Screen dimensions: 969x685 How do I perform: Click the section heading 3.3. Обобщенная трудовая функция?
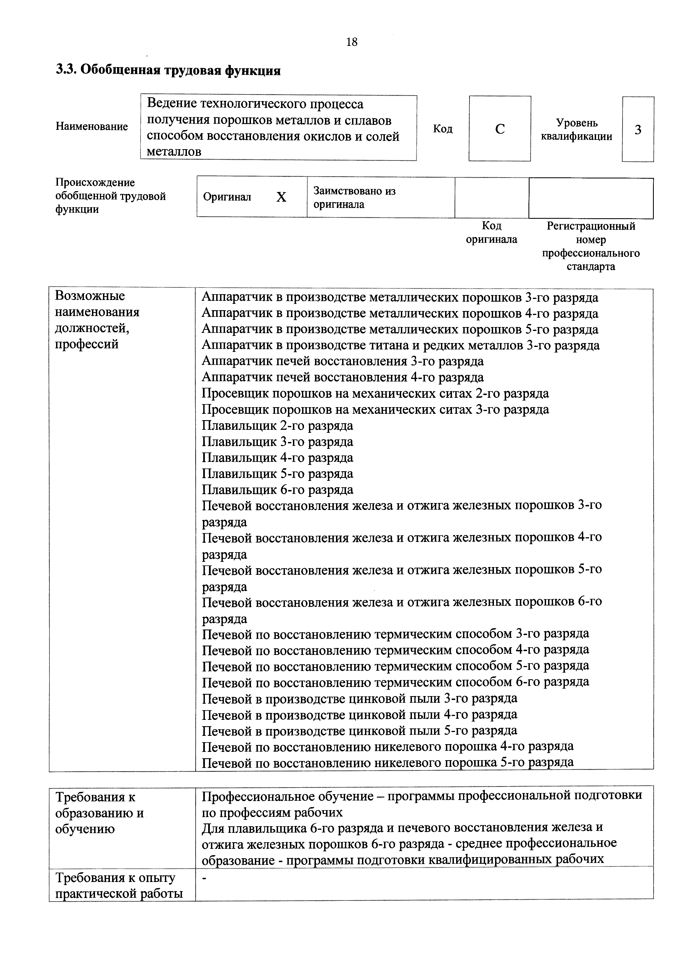[168, 70]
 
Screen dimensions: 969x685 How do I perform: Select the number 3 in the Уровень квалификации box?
[638, 130]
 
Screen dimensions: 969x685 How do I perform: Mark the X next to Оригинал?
[281, 197]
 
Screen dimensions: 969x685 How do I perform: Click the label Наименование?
[92, 127]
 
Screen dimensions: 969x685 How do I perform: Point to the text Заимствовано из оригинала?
[354, 198]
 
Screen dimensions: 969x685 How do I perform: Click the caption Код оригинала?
[491, 233]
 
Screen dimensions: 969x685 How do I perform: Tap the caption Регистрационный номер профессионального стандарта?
[591, 246]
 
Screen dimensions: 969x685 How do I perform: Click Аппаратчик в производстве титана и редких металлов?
[400, 345]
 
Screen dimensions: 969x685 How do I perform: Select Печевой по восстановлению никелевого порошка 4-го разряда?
[387, 747]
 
